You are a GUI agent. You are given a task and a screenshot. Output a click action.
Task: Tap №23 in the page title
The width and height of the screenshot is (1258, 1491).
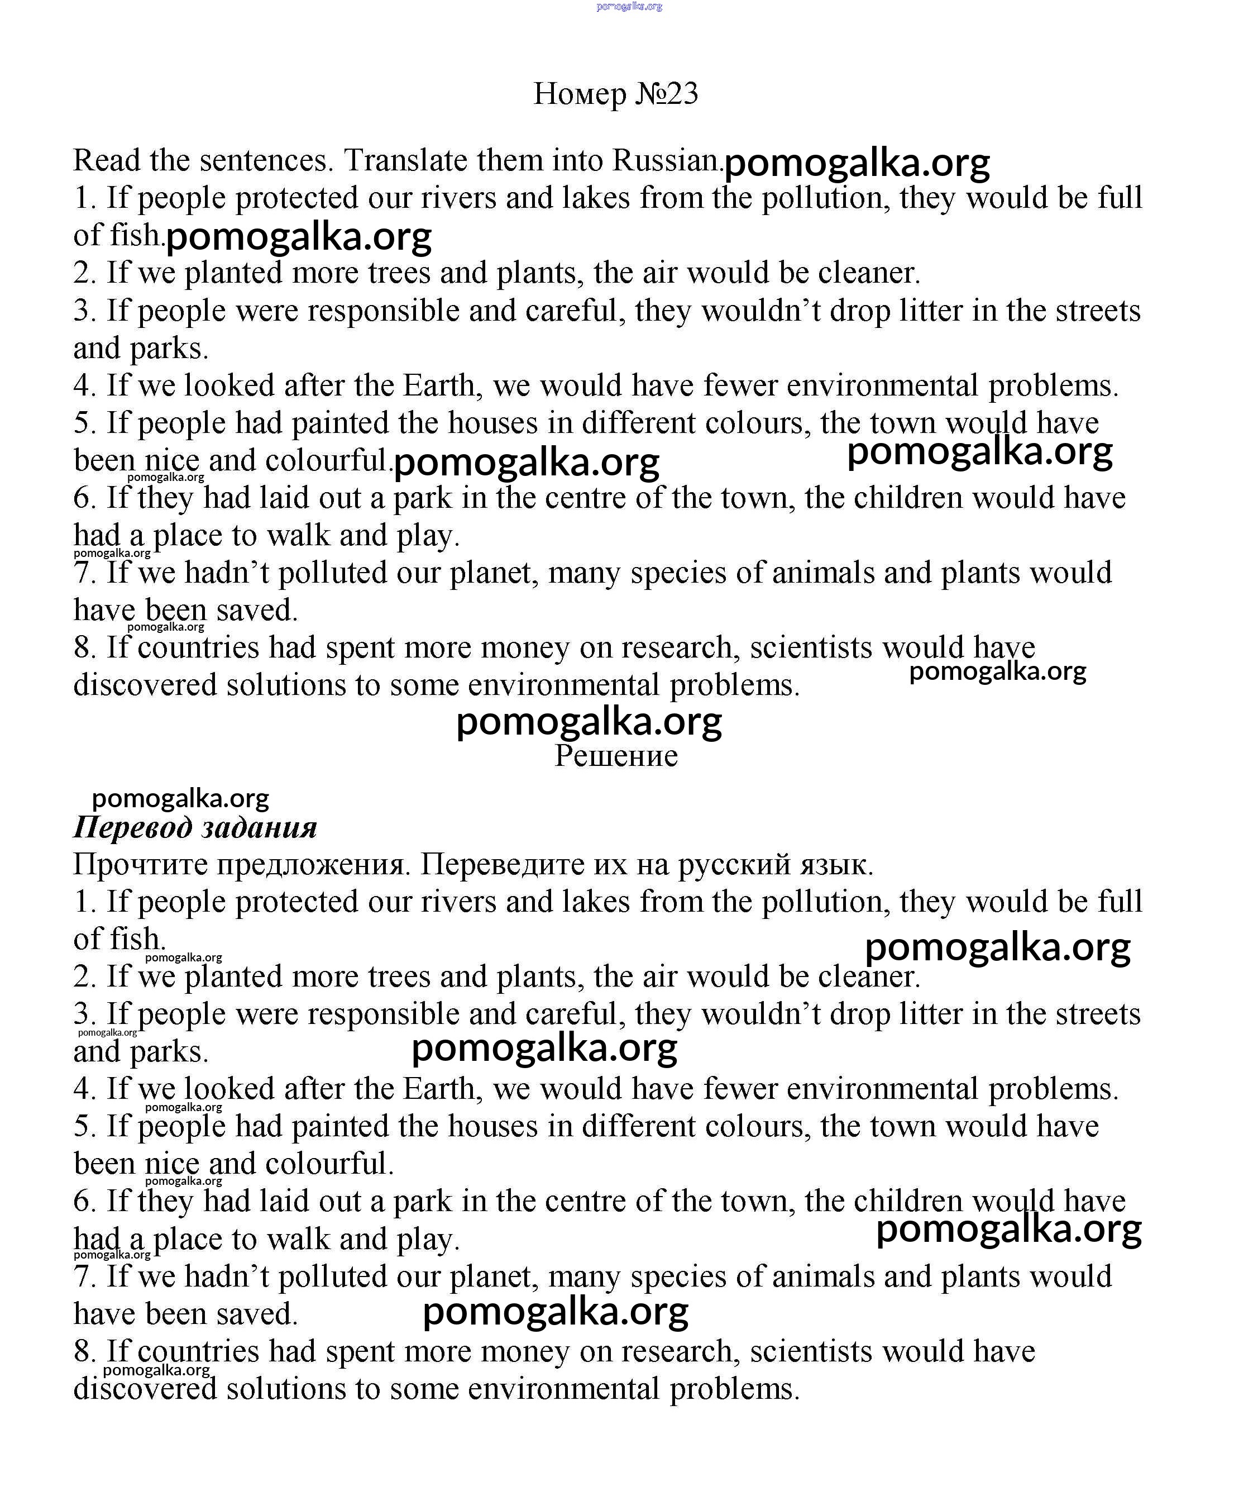[666, 93]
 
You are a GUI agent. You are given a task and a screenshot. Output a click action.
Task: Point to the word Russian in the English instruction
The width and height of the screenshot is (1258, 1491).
[667, 160]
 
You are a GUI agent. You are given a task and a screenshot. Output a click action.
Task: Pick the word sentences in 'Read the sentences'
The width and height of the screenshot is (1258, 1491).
[266, 160]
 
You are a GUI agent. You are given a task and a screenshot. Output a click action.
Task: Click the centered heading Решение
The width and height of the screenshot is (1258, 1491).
[616, 755]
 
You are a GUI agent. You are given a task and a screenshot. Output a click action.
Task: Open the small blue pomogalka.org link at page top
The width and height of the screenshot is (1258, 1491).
[629, 6]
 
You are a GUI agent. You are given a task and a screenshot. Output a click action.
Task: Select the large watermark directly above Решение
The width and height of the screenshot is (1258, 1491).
[589, 722]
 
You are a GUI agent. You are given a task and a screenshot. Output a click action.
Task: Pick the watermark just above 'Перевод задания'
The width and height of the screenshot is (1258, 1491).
[180, 798]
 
